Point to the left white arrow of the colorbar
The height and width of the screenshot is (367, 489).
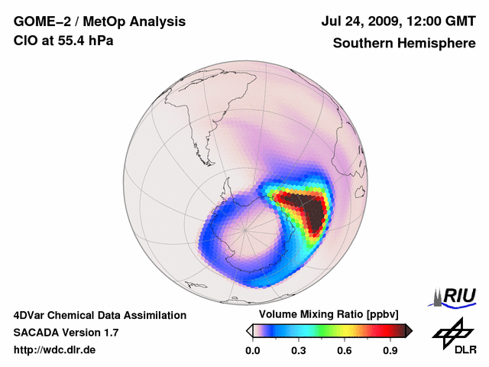pos(248,330)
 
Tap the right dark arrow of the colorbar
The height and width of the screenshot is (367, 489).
pos(409,330)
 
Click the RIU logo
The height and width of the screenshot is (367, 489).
pos(454,296)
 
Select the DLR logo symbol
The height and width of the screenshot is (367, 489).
pos(451,333)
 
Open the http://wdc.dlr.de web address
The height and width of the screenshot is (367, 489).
pos(55,350)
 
